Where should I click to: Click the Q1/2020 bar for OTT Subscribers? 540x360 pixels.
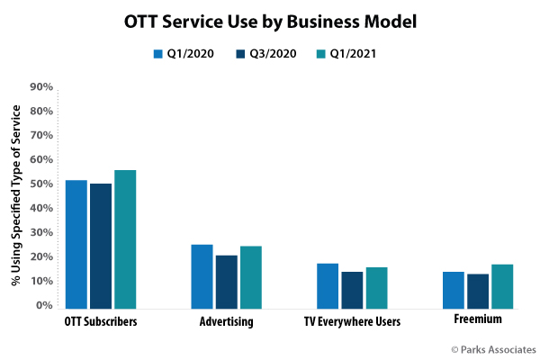[x=76, y=243]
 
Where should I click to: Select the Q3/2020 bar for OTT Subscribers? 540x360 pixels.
[x=101, y=245]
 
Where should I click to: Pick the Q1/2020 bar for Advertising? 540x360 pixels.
[x=202, y=275]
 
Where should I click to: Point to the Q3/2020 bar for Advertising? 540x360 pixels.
[x=227, y=281]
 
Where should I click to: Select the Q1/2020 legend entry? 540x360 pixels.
[x=184, y=54]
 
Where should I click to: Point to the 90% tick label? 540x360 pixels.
[x=41, y=87]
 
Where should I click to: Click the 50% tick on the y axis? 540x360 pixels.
[x=41, y=184]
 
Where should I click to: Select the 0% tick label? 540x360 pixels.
[x=45, y=306]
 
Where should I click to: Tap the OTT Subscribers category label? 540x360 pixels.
[x=101, y=321]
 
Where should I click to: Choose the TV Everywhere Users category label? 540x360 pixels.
[x=352, y=321]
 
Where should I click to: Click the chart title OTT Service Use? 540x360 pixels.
[x=270, y=21]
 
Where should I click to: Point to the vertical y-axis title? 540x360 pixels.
[x=15, y=196]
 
